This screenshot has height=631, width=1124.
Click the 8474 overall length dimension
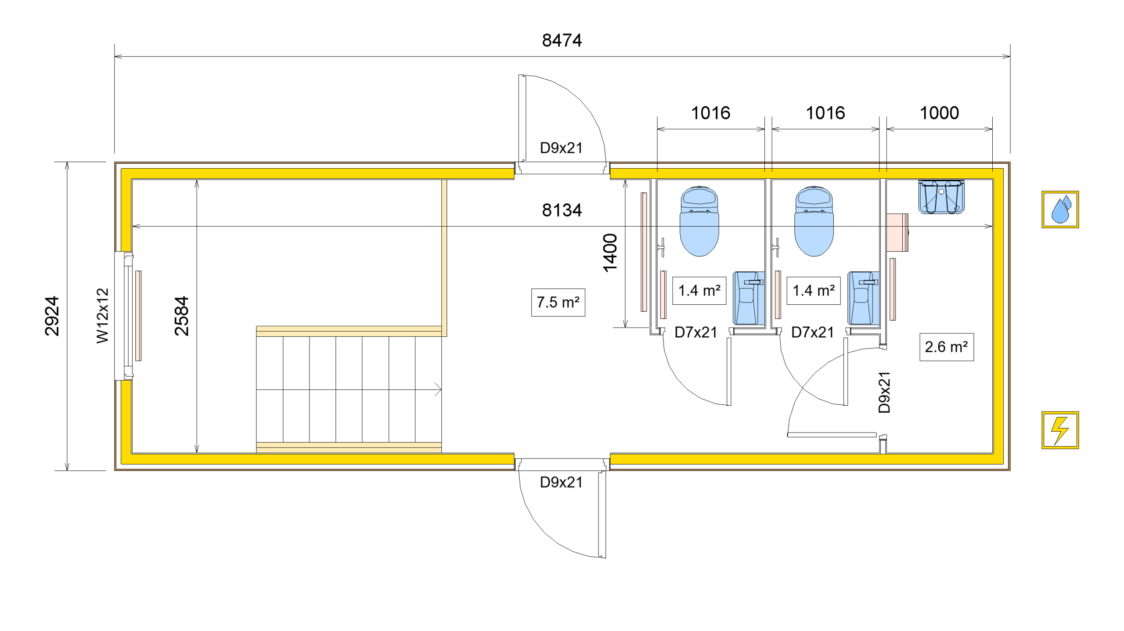click(x=562, y=40)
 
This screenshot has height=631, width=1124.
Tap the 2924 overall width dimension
click(x=52, y=316)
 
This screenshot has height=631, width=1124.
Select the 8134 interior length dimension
click(x=562, y=210)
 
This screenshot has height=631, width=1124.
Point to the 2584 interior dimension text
click(x=181, y=316)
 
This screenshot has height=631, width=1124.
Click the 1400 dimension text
click(x=610, y=253)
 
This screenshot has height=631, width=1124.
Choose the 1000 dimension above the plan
click(x=939, y=113)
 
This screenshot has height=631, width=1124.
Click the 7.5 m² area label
click(x=558, y=302)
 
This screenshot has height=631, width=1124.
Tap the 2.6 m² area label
click(x=946, y=347)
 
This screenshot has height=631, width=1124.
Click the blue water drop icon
click(x=1060, y=209)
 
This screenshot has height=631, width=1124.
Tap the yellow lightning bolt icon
click(x=1060, y=430)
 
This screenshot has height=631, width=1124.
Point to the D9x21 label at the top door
click(x=561, y=148)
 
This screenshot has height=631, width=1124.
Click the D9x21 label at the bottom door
click(x=561, y=482)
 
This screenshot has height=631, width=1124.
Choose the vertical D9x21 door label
click(x=884, y=392)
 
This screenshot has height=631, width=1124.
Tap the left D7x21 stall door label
click(x=695, y=332)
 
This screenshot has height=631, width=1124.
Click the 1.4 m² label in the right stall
click(x=813, y=290)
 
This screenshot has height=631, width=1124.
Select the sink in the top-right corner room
click(x=941, y=197)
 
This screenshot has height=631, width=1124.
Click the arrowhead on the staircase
click(x=438, y=389)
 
